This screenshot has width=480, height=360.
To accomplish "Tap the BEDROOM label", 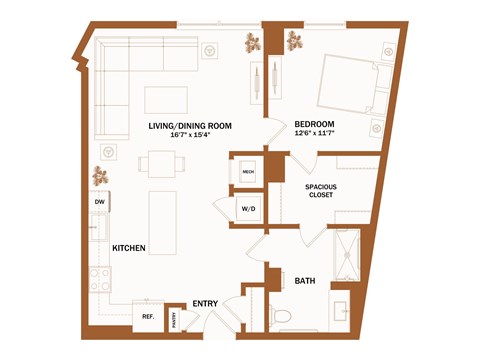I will pyautogui.click(x=314, y=124).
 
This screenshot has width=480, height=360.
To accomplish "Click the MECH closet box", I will pyautogui.click(x=247, y=171).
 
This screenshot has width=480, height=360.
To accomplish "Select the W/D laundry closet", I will pyautogui.click(x=247, y=209).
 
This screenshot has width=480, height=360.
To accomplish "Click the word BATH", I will pyautogui.click(x=305, y=282).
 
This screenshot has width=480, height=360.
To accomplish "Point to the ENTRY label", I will pyautogui.click(x=206, y=303).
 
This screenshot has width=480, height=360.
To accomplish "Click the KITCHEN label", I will pyautogui.click(x=130, y=247).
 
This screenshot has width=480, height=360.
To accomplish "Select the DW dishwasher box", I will pyautogui.click(x=99, y=202).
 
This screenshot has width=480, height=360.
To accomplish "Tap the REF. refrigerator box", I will pyautogui.click(x=147, y=317).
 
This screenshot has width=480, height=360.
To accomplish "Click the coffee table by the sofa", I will pyautogui.click(x=165, y=99).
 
